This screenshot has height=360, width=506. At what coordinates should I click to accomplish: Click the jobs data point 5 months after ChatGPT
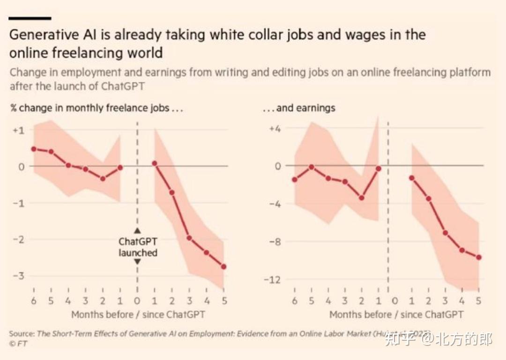(x=223, y=266)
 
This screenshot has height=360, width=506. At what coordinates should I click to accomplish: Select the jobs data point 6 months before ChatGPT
(x=34, y=149)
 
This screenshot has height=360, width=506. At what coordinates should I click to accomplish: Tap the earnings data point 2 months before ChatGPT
(x=362, y=198)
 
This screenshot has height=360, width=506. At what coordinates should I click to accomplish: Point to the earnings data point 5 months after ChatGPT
(x=478, y=257)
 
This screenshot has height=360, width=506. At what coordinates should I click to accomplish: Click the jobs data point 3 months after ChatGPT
(x=189, y=238)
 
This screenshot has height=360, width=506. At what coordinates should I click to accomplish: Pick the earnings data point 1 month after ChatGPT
(x=412, y=178)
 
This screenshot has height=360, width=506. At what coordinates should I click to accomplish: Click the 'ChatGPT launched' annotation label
(x=137, y=247)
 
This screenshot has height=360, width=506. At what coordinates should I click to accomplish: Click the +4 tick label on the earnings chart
(x=275, y=129)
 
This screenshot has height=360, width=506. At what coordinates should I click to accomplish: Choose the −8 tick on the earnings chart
(x=275, y=242)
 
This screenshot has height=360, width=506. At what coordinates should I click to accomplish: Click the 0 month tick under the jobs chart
(x=137, y=301)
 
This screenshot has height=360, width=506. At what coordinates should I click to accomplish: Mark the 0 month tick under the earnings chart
(x=394, y=301)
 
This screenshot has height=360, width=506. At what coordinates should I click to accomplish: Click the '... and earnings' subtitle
(x=298, y=108)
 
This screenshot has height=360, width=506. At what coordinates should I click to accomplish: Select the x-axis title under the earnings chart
(x=396, y=315)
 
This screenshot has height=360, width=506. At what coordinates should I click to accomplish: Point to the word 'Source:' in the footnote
(x=22, y=334)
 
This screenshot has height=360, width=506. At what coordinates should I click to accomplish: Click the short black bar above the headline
(x=30, y=18)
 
